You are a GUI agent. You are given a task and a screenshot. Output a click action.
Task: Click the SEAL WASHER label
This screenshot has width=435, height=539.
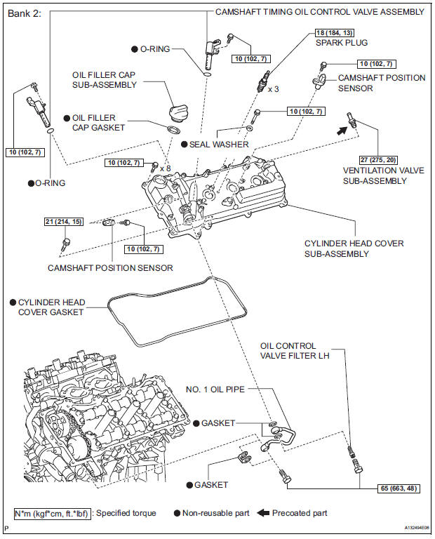tap(219, 144)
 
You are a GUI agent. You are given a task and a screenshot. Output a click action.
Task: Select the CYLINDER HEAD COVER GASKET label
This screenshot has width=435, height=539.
tap(52, 307)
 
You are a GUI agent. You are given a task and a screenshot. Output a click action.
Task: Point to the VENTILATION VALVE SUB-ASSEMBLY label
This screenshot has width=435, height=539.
tap(375, 175)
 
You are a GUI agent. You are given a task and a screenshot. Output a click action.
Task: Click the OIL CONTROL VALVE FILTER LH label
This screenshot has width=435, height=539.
tap(297, 351)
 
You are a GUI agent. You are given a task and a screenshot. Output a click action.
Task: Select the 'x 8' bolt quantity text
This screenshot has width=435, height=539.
tap(166, 168)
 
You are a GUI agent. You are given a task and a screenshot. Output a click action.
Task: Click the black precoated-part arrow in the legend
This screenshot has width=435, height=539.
tap(262, 513)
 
